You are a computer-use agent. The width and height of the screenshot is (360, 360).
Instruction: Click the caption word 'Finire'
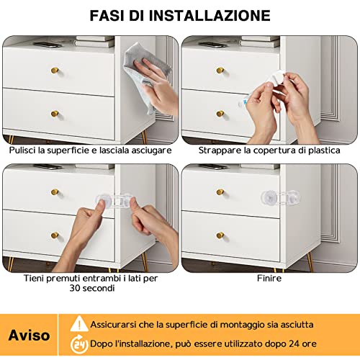269,277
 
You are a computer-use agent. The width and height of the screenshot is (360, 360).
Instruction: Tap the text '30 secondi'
89,289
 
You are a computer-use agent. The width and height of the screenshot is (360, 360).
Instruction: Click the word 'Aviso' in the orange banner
29,335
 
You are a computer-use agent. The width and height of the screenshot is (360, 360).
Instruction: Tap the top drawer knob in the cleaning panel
55,71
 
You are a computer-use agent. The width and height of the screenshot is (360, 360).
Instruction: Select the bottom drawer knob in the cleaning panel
55,114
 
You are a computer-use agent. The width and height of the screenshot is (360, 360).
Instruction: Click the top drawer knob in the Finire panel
220,193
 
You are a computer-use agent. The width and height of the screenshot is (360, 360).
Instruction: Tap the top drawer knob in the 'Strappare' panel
220,71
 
